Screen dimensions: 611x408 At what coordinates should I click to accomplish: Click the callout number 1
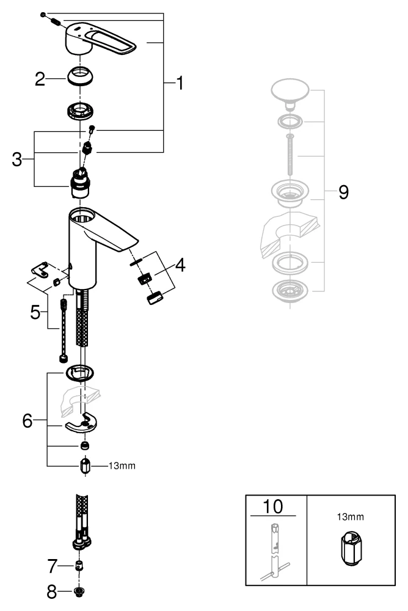[179, 83]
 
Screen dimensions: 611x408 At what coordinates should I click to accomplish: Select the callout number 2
[40, 79]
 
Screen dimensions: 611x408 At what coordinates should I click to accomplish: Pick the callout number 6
[27, 422]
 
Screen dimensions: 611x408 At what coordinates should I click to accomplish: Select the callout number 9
[344, 193]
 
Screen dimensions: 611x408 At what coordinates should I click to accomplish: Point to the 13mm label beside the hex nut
[122, 466]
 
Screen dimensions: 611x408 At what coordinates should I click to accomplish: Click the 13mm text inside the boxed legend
[351, 516]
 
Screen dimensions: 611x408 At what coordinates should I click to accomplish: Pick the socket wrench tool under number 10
[275, 550]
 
